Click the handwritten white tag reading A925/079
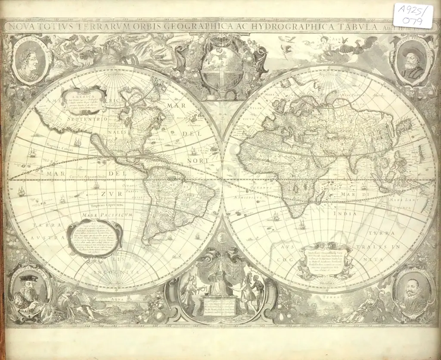(x=413, y=16)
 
